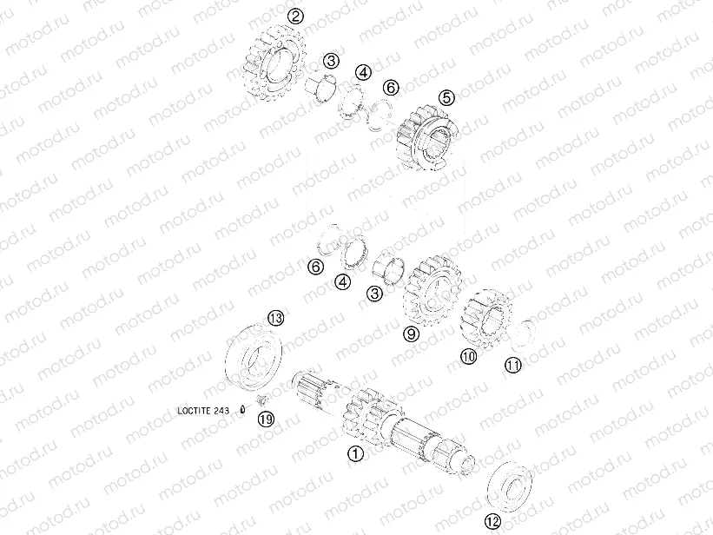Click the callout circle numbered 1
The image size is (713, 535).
point(354,452)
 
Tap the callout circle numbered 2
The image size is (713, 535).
point(297,16)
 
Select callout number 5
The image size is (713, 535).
point(446,98)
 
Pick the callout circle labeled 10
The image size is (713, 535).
point(468,356)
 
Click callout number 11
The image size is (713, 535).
point(514,366)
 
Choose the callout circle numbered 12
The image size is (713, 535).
point(492,521)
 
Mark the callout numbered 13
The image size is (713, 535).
point(275,318)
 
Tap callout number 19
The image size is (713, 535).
point(266,419)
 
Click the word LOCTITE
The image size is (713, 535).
point(194,412)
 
